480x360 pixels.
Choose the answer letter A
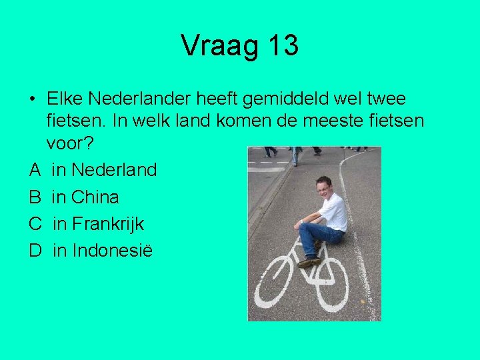click(x=35, y=170)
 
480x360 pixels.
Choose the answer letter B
click(x=35, y=197)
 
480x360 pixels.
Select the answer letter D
click(x=35, y=251)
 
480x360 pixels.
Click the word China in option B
click(x=95, y=197)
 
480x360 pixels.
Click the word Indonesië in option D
click(x=112, y=251)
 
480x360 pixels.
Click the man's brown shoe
click(x=309, y=263)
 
